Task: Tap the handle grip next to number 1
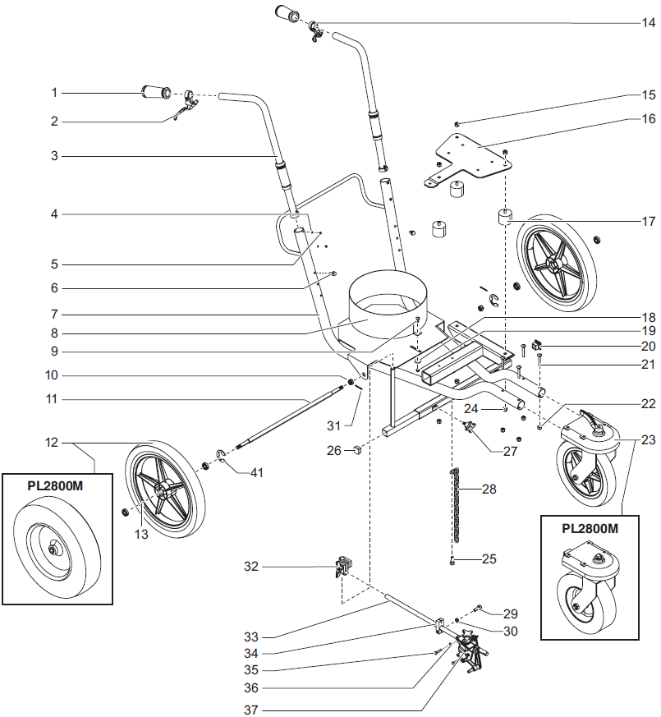pyautogui.click(x=156, y=92)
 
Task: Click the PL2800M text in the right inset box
pyautogui.click(x=590, y=528)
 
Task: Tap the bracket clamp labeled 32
pyautogui.click(x=343, y=567)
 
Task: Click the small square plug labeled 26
pyautogui.click(x=358, y=450)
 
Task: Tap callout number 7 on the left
pyautogui.click(x=54, y=314)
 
